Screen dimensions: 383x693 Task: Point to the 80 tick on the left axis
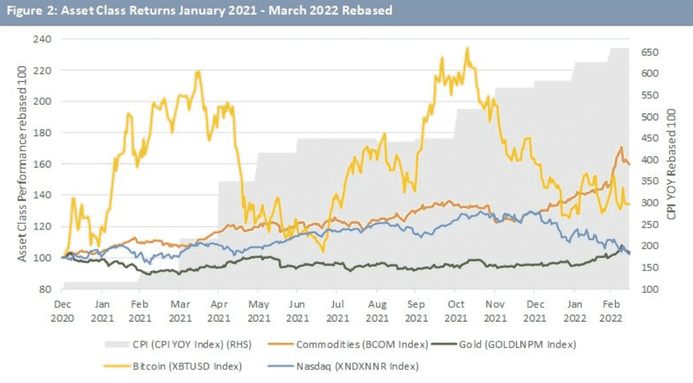pyautogui.click(x=47, y=289)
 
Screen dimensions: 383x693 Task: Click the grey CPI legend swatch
pyautogui.click(x=115, y=345)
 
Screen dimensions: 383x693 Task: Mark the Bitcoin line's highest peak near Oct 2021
pyautogui.click(x=467, y=48)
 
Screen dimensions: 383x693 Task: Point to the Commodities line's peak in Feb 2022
pyautogui.click(x=621, y=147)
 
